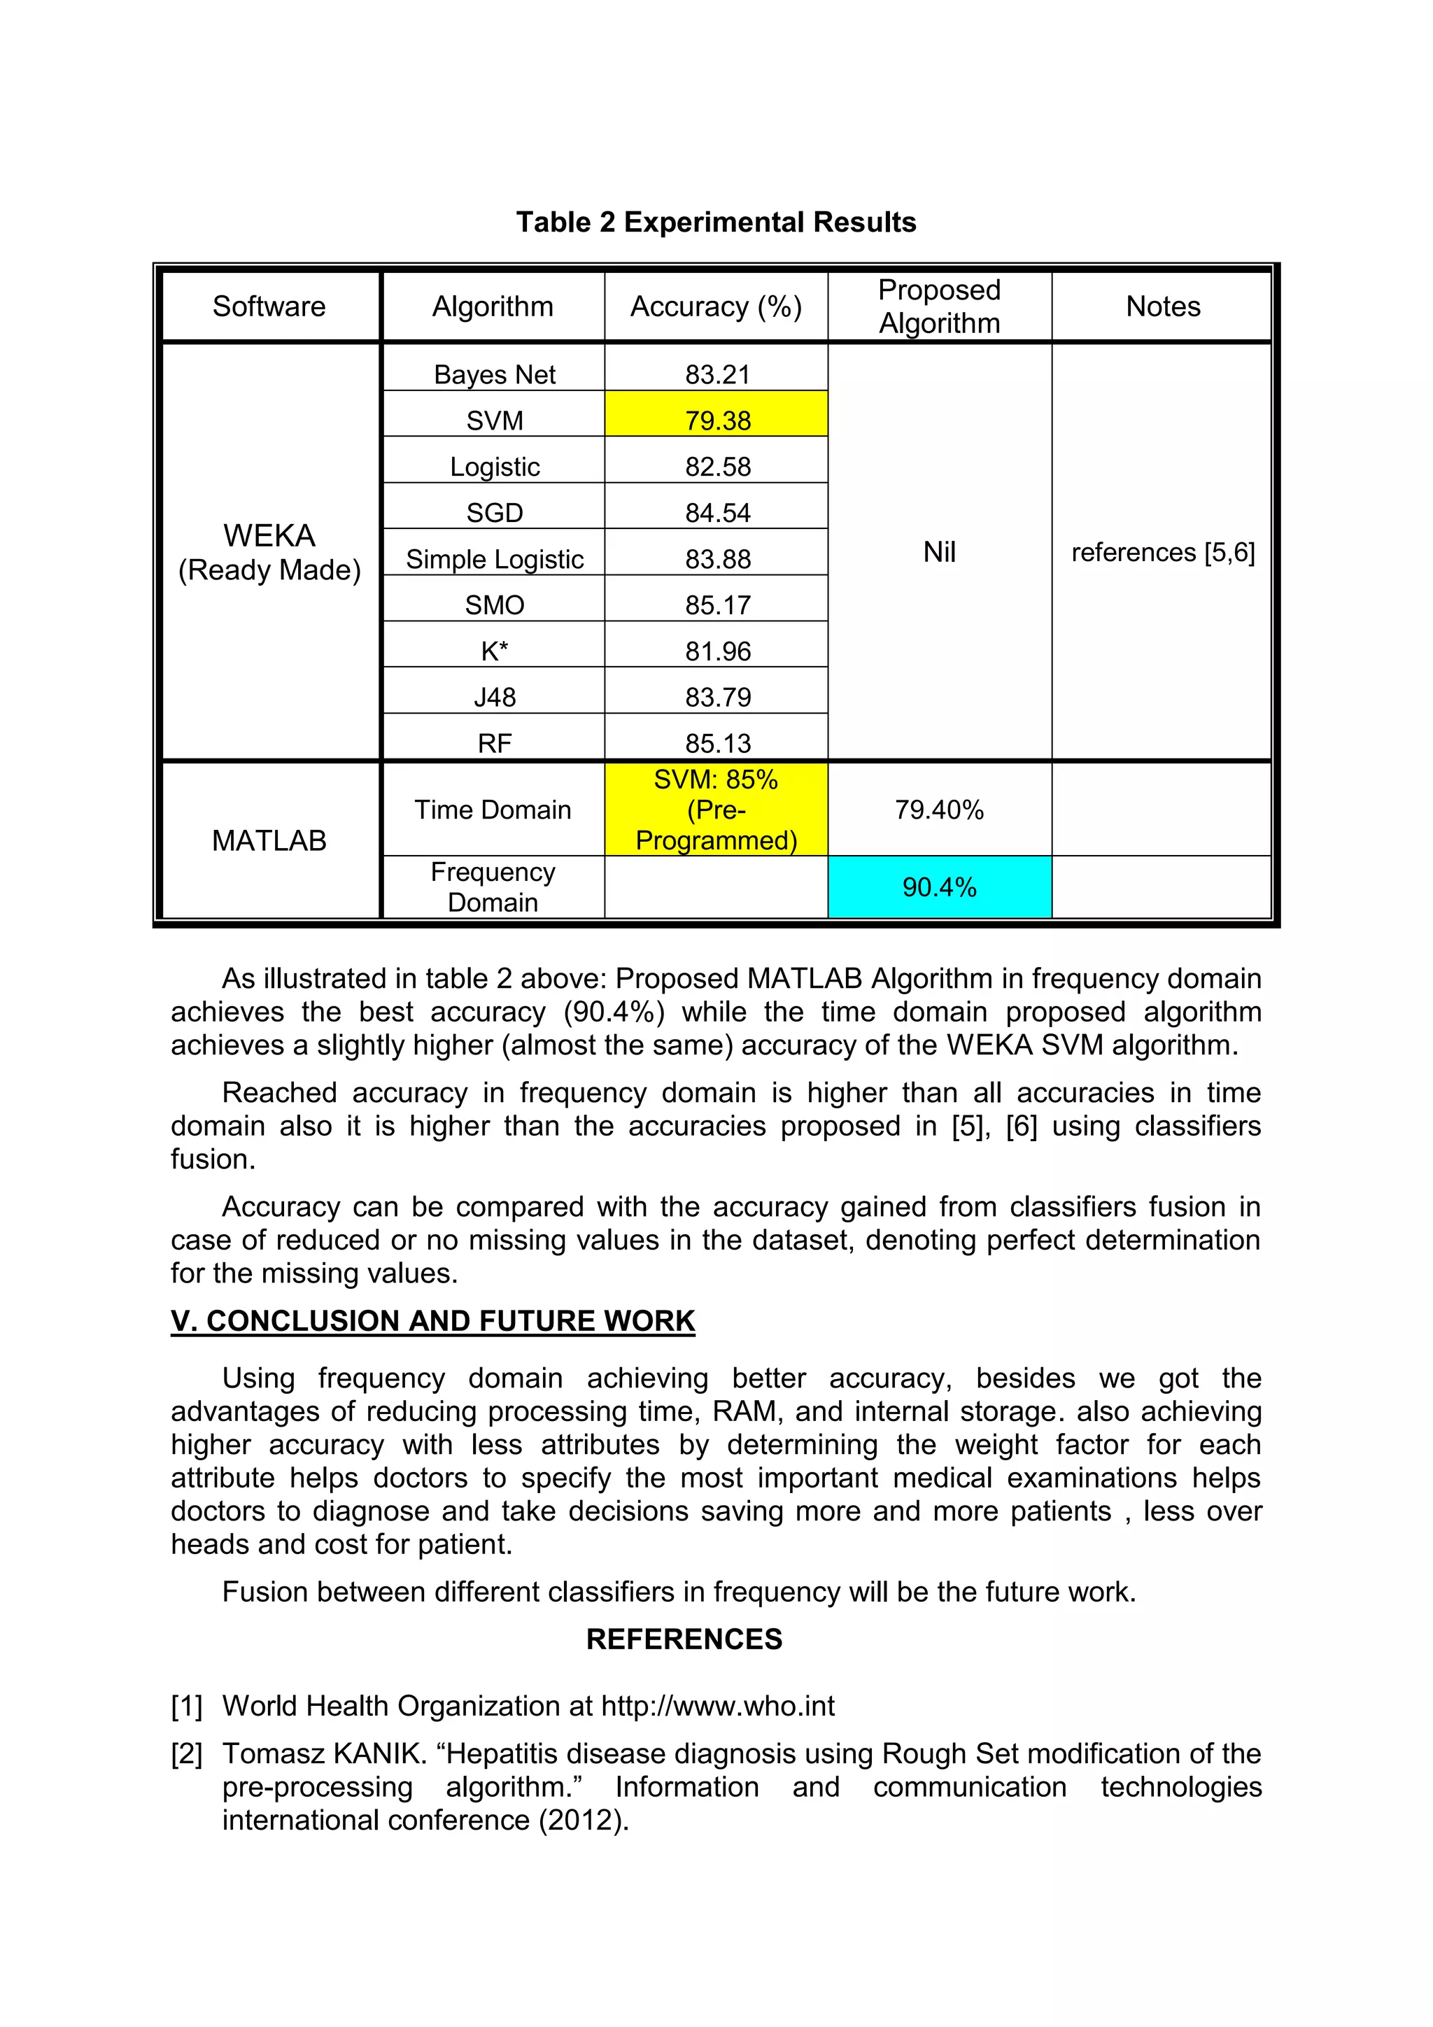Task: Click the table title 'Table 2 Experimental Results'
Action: tap(716, 223)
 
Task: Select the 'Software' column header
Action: tap(269, 306)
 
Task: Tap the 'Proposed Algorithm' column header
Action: tap(940, 306)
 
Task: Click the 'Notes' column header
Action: tap(1163, 306)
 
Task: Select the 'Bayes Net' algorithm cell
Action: tap(495, 374)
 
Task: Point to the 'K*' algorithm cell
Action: tap(495, 651)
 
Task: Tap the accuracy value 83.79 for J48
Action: tap(717, 697)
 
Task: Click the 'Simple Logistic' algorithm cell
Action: tap(495, 559)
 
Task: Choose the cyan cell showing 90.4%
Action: tap(940, 887)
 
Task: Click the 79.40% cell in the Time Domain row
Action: tap(940, 810)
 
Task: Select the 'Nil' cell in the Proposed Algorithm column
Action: tap(940, 552)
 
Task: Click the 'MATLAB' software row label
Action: tap(269, 840)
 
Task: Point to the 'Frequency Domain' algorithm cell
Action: tap(493, 887)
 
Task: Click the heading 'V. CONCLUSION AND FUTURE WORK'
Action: tap(432, 1321)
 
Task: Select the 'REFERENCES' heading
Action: tap(684, 1639)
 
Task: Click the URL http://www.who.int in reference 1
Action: tap(717, 1706)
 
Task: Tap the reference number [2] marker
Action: tap(186, 1753)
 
